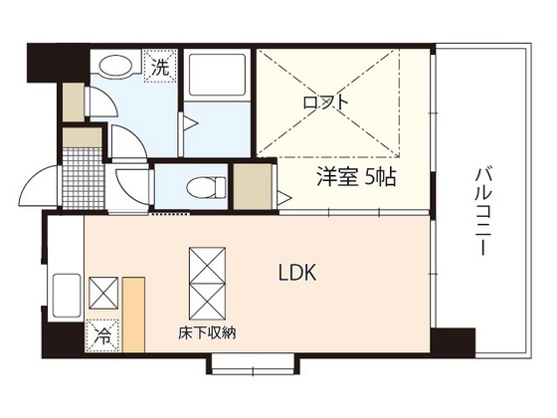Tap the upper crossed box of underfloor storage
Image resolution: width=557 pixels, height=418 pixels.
(x=207, y=267)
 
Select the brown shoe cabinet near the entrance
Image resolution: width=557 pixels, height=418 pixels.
(x=71, y=100)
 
